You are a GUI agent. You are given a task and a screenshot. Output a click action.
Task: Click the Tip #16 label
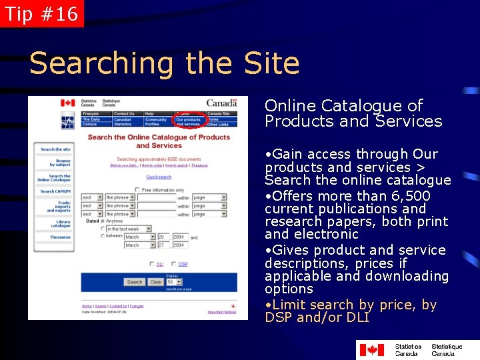point(41,13)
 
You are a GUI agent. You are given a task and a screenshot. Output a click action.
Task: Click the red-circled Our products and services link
point(188,121)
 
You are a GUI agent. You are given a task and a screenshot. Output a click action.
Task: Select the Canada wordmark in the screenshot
point(221,103)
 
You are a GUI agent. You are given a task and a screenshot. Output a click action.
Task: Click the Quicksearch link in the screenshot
point(159,177)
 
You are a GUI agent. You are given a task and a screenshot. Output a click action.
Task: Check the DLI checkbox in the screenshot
point(152,264)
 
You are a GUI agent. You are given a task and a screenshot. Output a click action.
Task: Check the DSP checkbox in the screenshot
point(174,264)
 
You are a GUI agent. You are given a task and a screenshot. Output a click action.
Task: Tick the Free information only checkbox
point(137,190)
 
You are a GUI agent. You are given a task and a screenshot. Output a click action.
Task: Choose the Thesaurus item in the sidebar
point(60,237)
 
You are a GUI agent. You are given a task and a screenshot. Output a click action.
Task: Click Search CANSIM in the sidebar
point(55,191)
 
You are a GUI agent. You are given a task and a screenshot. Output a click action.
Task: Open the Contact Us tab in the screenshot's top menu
point(124,114)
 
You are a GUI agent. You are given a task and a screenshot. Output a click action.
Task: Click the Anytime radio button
point(102,221)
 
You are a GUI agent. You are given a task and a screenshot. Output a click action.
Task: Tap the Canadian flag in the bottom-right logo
point(372,349)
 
